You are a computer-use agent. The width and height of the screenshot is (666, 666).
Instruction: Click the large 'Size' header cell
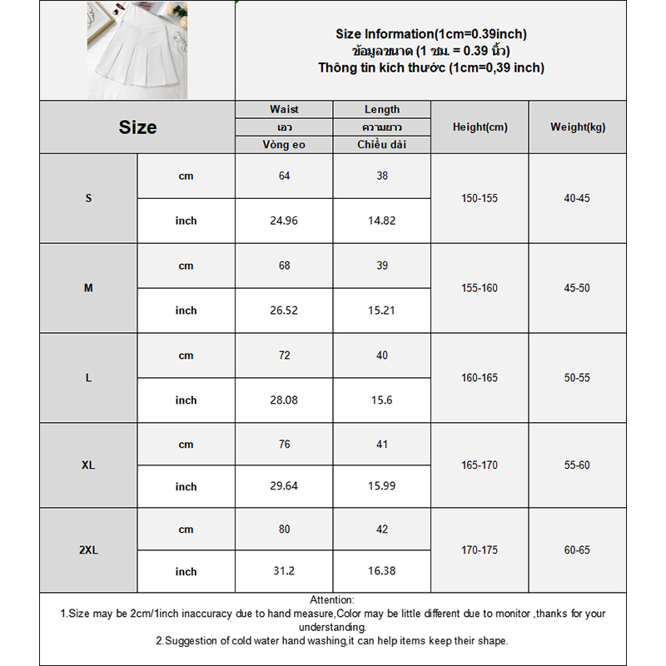[137, 127]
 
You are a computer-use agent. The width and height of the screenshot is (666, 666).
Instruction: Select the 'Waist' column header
[284, 109]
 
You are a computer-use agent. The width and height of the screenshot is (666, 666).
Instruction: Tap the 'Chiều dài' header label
[381, 145]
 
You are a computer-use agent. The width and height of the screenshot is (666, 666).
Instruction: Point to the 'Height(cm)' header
[480, 127]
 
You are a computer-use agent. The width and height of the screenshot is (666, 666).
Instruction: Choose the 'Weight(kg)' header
[578, 127]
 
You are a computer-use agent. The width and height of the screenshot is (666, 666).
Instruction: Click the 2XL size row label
[88, 550]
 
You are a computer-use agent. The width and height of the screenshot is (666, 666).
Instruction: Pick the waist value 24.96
[284, 221]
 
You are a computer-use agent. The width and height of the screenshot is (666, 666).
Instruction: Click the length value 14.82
[381, 221]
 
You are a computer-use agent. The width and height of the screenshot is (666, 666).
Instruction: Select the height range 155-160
[480, 288]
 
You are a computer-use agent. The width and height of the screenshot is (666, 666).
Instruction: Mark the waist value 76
[284, 445]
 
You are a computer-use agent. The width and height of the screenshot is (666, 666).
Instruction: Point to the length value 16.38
[381, 572]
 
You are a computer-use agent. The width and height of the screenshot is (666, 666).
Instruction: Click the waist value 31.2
[284, 572]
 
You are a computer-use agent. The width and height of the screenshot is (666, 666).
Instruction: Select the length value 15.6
[381, 400]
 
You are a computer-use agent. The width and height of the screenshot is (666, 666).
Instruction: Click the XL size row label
[88, 465]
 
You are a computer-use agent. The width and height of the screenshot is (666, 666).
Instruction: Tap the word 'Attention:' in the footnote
[332, 599]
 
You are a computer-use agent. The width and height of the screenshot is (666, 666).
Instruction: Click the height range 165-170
[480, 465]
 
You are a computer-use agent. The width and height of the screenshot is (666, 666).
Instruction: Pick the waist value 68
[284, 266]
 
